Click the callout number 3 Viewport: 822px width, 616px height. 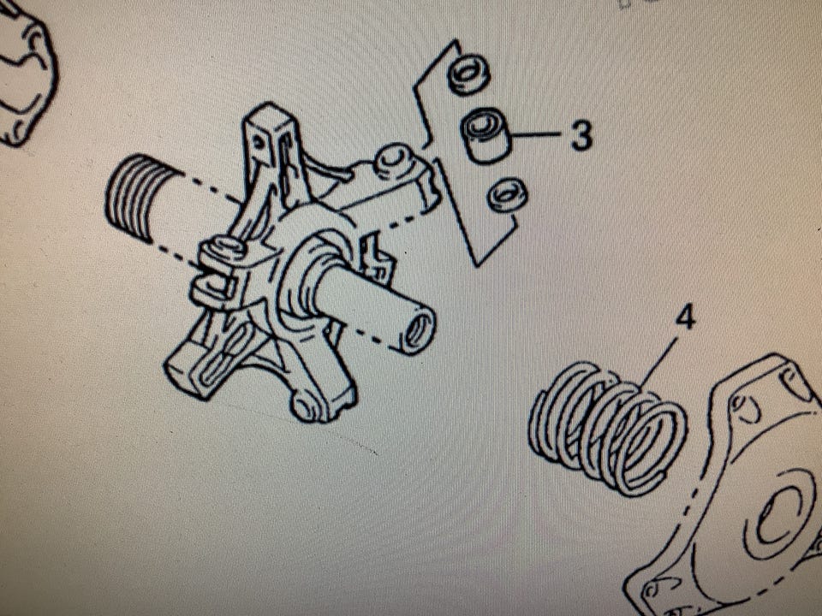tap(581, 135)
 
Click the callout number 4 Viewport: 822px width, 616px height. tap(686, 318)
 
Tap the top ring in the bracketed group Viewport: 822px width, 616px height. tap(468, 74)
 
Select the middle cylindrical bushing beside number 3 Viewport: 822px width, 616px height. tap(486, 135)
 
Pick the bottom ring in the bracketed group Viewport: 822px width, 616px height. tap(507, 196)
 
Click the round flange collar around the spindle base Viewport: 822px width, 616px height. tap(309, 272)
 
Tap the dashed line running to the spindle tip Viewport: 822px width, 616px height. tap(370, 339)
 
